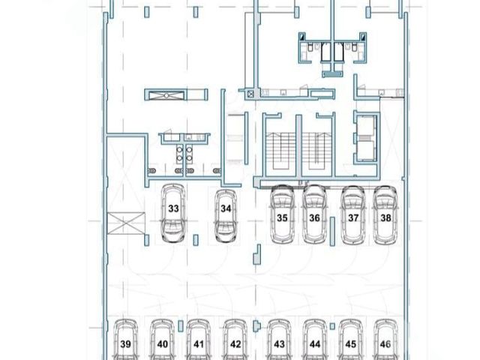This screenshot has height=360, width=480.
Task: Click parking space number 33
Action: [x=173, y=208]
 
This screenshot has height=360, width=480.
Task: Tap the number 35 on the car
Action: [x=282, y=218]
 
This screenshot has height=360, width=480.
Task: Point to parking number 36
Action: [x=314, y=218]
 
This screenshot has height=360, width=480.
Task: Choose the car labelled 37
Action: [x=353, y=215]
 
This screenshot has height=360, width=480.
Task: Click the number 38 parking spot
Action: [x=385, y=218]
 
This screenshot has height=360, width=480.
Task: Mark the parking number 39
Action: [x=125, y=344]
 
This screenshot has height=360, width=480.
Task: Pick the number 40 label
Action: [x=163, y=344]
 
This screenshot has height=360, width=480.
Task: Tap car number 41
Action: [x=199, y=340]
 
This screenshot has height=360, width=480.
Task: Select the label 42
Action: [x=235, y=344]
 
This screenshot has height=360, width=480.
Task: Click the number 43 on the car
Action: [x=279, y=344]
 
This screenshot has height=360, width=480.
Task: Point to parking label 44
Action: [x=315, y=344]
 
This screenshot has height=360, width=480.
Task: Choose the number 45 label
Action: [x=351, y=344]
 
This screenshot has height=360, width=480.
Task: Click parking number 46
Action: [x=385, y=344]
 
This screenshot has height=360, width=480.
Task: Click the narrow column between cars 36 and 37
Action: [x=332, y=232]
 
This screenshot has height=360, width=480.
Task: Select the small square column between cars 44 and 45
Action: [x=332, y=327]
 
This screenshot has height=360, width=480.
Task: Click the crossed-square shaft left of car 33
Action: [x=126, y=223]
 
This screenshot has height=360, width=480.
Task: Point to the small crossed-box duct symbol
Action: [x=250, y=94]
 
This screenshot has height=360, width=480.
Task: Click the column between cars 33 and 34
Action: [x=196, y=240]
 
